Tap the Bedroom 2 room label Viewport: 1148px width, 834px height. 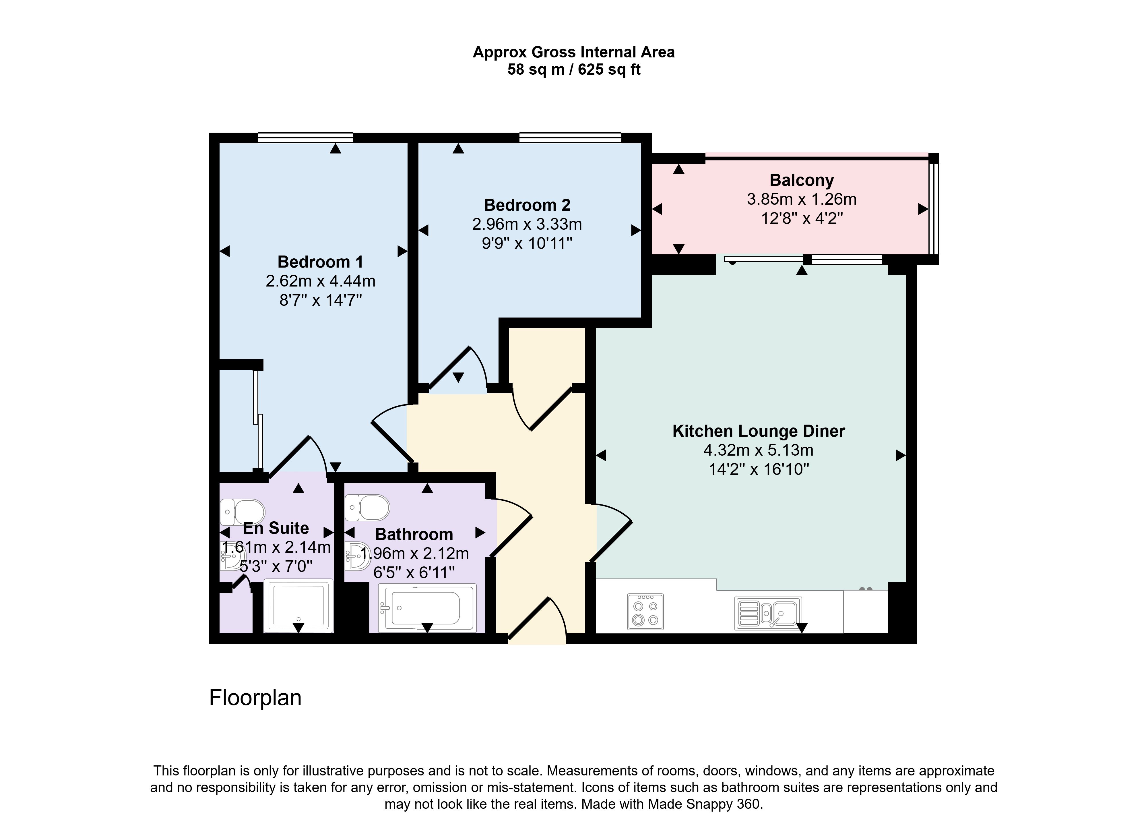[x=527, y=205]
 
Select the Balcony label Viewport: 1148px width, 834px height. [x=802, y=180]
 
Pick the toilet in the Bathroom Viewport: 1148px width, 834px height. [x=367, y=507]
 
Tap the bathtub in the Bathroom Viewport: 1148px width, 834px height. [x=428, y=608]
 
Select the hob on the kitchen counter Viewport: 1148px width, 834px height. [x=645, y=612]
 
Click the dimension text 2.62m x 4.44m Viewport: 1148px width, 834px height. [x=320, y=281]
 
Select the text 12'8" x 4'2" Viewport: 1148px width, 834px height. [x=802, y=218]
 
